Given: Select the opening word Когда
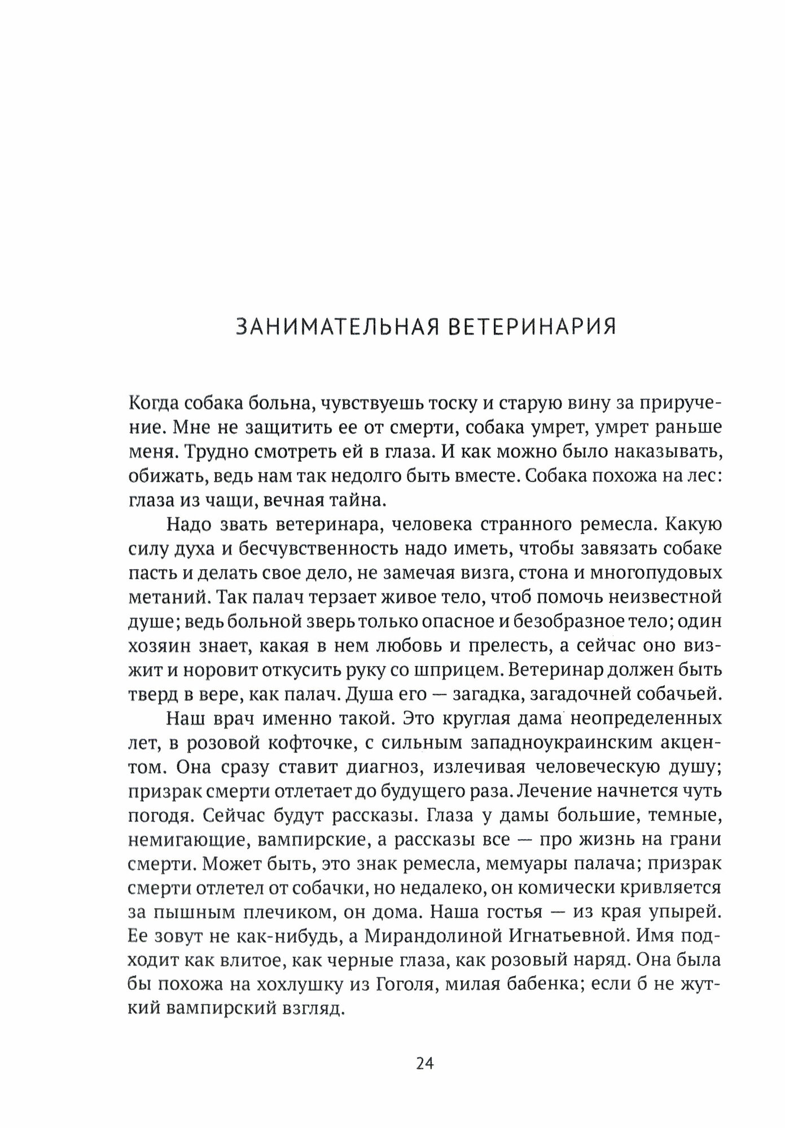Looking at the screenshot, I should coord(152,404).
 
